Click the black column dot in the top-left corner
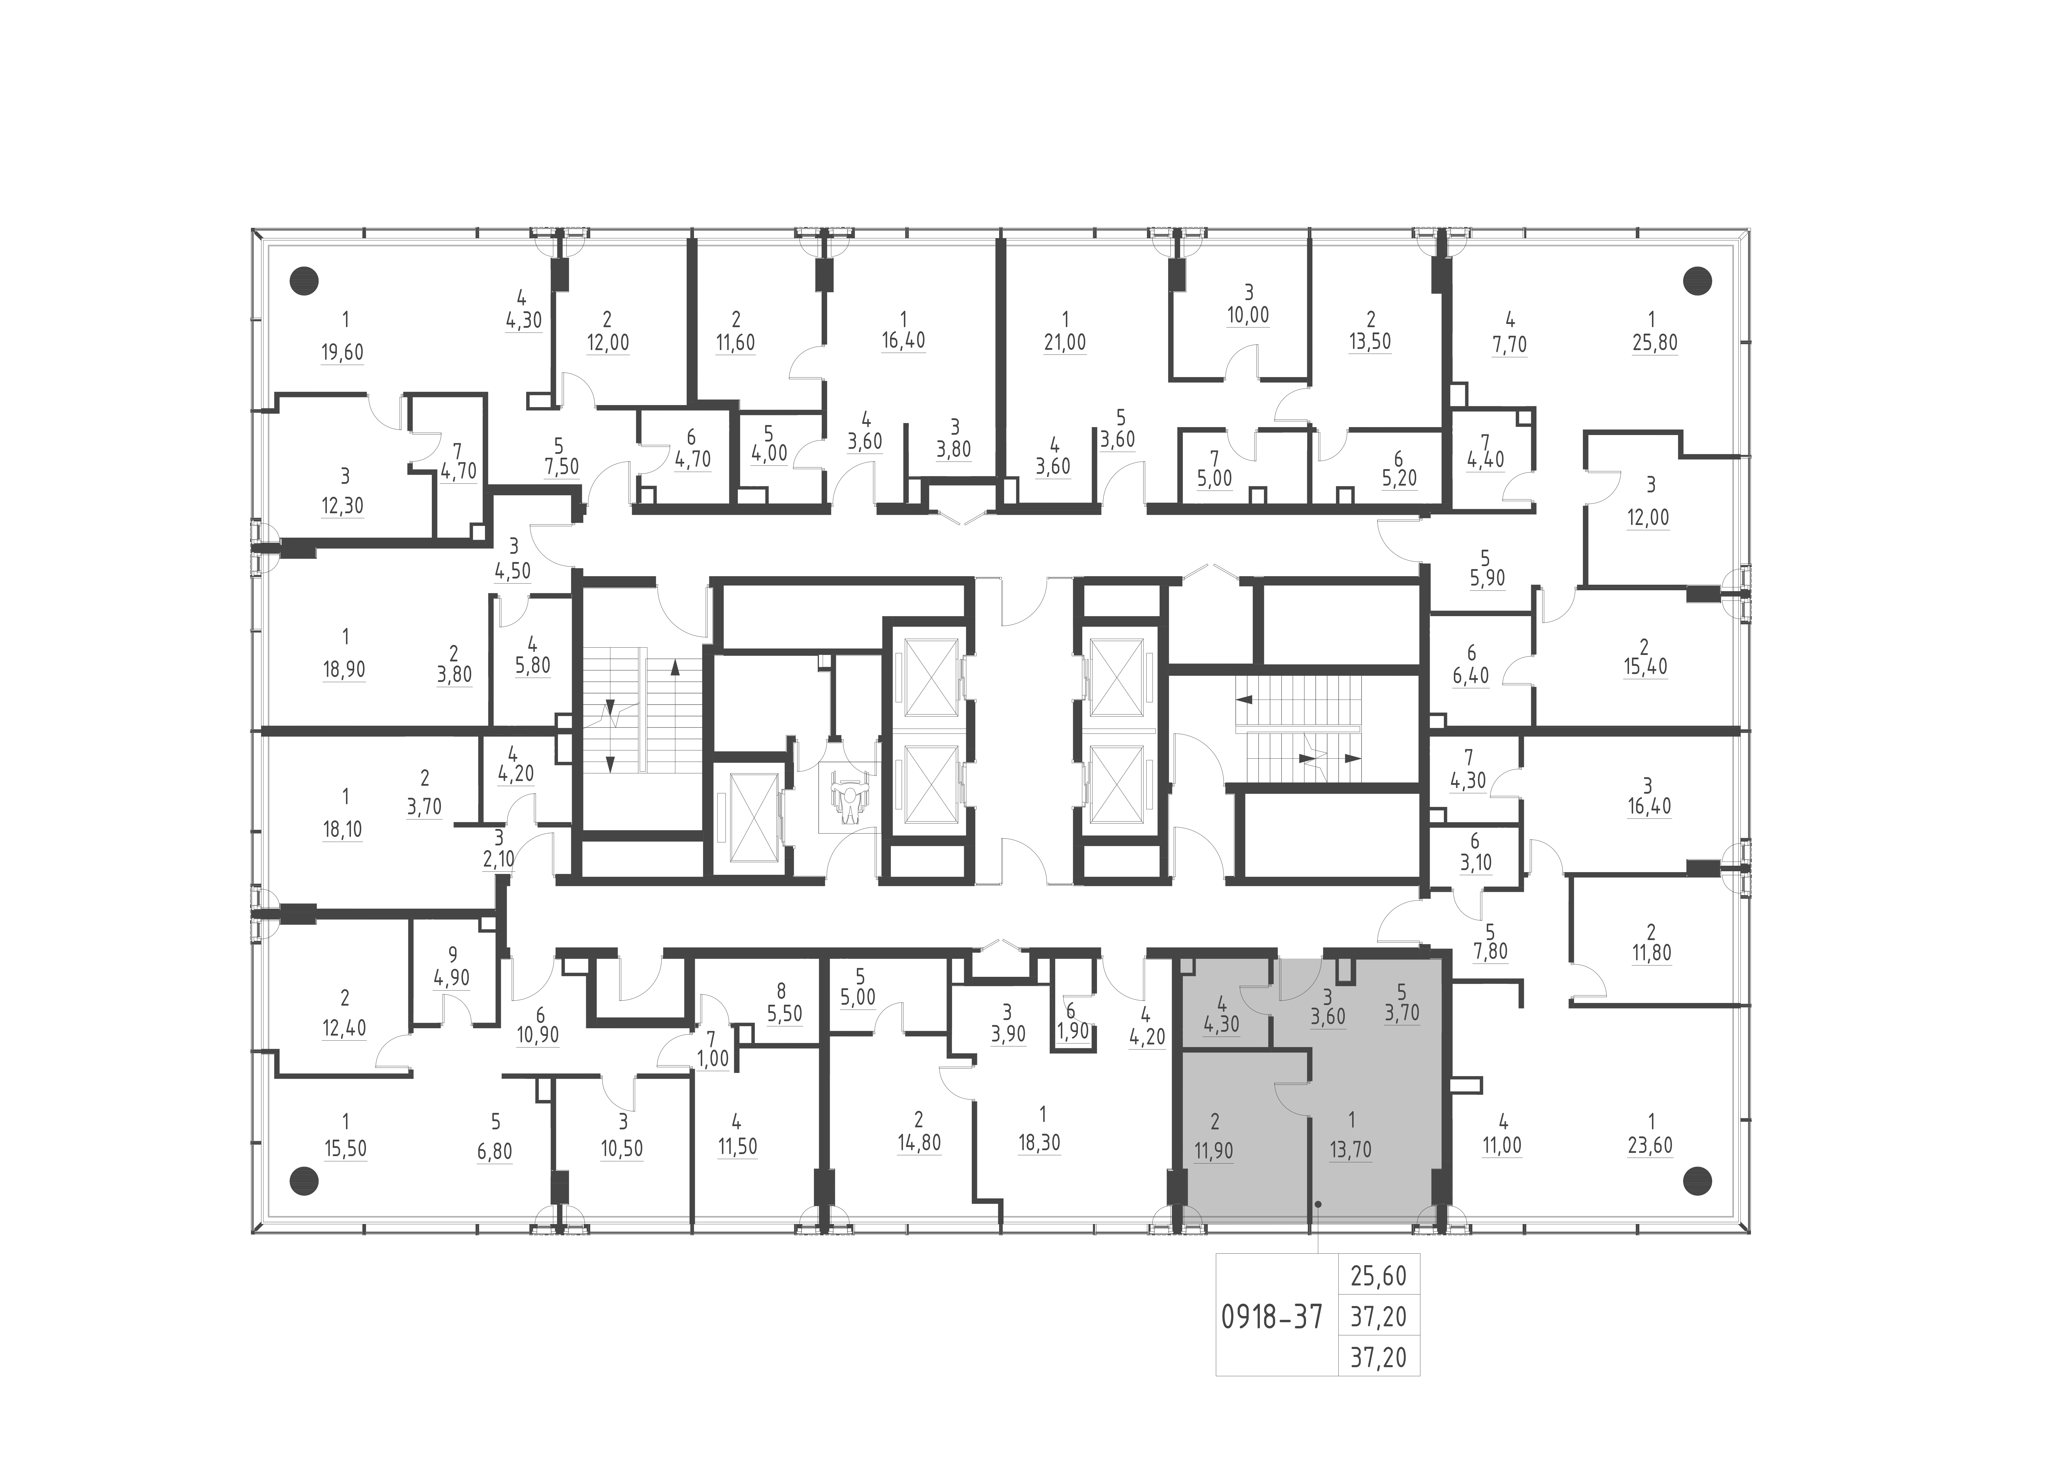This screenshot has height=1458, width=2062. pos(305,281)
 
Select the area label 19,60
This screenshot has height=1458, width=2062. pos(342,351)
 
